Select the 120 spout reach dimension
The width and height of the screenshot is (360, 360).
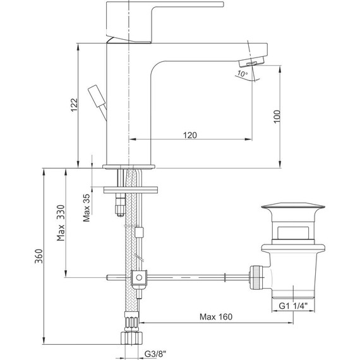[189, 135]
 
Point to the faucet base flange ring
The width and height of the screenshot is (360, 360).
[129, 168]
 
